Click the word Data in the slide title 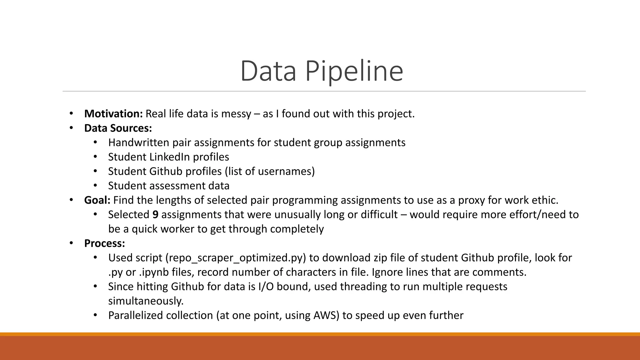(x=268, y=71)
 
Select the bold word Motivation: (x=113, y=114)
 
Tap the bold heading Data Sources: (x=118, y=128)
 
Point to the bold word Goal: (x=97, y=200)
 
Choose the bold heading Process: (x=104, y=243)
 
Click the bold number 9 (x=155, y=215)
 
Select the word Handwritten (x=139, y=142)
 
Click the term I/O (x=266, y=287)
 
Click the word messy (x=236, y=114)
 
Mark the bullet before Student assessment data (x=95, y=186)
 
